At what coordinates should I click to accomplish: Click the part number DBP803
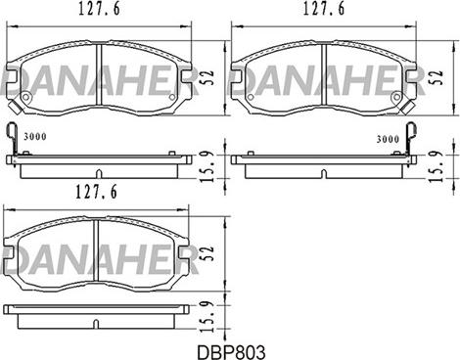tap(231, 352)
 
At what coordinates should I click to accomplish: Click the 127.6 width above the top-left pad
tap(99, 9)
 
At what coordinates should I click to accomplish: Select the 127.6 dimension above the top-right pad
tap(324, 9)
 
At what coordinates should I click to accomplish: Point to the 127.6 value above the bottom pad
tap(96, 192)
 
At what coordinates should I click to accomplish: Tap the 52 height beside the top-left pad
tap(209, 77)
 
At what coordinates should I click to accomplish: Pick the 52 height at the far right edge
tap(438, 77)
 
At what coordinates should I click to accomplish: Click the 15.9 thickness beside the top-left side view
tap(208, 166)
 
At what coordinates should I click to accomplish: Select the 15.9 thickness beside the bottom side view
tap(208, 316)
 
